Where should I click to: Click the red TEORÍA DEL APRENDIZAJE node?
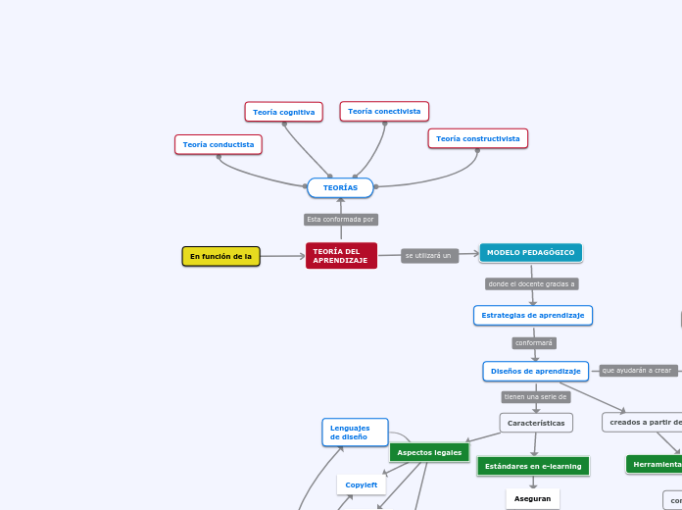coord(341,256)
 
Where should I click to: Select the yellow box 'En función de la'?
coord(220,257)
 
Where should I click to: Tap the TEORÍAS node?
coord(340,187)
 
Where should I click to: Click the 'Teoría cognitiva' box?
coord(284,112)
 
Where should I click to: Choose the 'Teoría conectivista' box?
coord(384,112)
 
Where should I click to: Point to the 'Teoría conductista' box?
coord(219,145)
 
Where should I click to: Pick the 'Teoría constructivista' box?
coord(477,139)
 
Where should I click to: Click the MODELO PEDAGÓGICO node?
coord(531,253)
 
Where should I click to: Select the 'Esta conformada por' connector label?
coord(341,220)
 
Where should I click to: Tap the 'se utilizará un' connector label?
coord(429,256)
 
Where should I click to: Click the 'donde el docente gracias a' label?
coord(532,284)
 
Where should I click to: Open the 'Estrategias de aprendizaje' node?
coord(533,316)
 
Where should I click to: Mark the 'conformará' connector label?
coord(534,343)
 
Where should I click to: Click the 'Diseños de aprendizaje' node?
coord(535,372)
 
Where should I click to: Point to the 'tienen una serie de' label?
coord(535,397)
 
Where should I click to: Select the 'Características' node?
coord(536,423)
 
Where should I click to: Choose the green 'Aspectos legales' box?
coord(429,452)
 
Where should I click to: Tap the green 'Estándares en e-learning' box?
coord(533,466)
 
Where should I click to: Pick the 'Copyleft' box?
coord(362,484)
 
